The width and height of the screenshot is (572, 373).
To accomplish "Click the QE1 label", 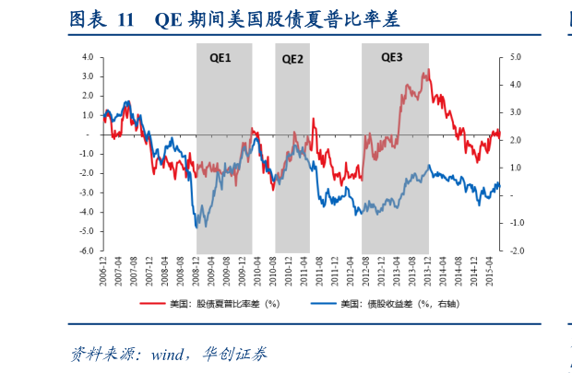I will pos(220,58).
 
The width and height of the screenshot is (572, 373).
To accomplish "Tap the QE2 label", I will pos(292,58).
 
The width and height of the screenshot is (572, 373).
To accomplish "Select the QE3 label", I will pos(392,57).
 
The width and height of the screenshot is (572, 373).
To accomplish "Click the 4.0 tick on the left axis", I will pos(89,56).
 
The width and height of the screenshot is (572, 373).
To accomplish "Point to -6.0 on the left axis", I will pos(88,251).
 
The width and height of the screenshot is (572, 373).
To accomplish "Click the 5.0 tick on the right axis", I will pos(514,56).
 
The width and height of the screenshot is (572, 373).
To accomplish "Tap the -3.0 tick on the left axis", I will pos(88,192).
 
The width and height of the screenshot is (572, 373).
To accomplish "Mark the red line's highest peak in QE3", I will pos(429,70).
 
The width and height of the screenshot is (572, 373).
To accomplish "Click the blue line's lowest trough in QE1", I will pos(197,227).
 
